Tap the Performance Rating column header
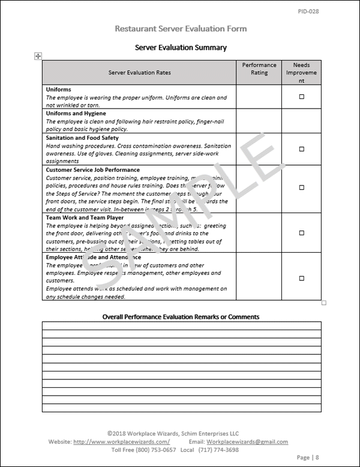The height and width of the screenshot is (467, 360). [x=259, y=68]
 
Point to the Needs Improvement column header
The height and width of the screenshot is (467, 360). [x=302, y=72]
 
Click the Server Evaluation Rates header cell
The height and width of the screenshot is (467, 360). [x=139, y=73]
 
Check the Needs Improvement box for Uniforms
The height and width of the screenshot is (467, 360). [x=302, y=97]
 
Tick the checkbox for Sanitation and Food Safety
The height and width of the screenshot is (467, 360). [x=302, y=149]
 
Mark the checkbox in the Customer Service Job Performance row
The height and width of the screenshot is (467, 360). [x=302, y=189]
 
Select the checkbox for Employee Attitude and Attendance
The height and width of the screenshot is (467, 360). [x=302, y=278]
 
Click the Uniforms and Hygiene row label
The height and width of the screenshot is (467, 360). [x=76, y=113]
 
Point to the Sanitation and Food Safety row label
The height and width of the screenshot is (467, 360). [x=82, y=137]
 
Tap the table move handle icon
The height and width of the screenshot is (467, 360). [x=38, y=55]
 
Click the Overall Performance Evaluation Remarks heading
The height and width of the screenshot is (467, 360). [x=181, y=316]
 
